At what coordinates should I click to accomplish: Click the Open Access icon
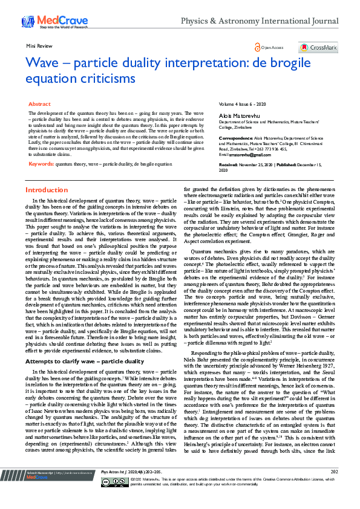click(x=258, y=47)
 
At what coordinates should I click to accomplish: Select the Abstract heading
click(x=40, y=105)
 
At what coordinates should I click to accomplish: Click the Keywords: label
click(x=41, y=147)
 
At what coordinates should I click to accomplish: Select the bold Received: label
click(x=228, y=164)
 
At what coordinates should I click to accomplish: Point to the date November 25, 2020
click(x=256, y=164)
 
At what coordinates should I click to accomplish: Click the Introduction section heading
click(x=46, y=190)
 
